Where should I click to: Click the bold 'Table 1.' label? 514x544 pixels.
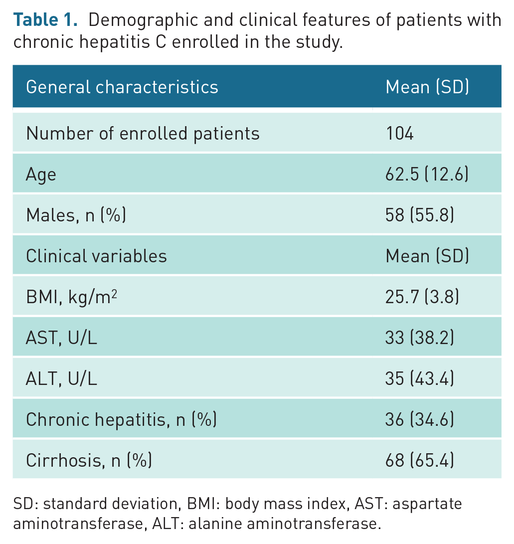point(45,19)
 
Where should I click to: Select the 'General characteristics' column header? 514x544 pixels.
point(122,87)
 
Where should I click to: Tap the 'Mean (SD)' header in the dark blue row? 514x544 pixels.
point(427,87)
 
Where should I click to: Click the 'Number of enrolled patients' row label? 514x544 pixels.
point(143,134)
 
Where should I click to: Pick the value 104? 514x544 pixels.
point(399,133)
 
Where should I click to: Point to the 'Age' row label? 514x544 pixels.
point(41,175)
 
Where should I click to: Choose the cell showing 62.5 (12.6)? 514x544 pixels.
point(427,174)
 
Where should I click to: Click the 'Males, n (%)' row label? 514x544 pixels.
point(76,215)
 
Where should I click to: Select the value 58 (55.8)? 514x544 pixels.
point(420,215)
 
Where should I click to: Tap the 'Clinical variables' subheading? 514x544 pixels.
point(96,256)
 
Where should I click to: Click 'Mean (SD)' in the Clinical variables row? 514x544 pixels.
point(427,256)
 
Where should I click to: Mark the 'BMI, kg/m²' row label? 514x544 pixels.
point(71,297)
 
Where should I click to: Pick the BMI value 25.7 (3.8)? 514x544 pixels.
point(422,297)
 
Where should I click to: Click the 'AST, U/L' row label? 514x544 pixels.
point(61,338)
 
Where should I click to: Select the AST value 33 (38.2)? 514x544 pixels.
point(420,338)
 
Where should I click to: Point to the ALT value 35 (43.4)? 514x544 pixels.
point(420,378)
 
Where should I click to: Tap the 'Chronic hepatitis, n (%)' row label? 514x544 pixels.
point(121,419)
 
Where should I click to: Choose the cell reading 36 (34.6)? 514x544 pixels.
point(420,419)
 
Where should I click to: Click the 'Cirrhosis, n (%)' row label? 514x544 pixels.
point(89,460)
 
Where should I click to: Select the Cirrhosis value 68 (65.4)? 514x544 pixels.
point(420,460)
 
